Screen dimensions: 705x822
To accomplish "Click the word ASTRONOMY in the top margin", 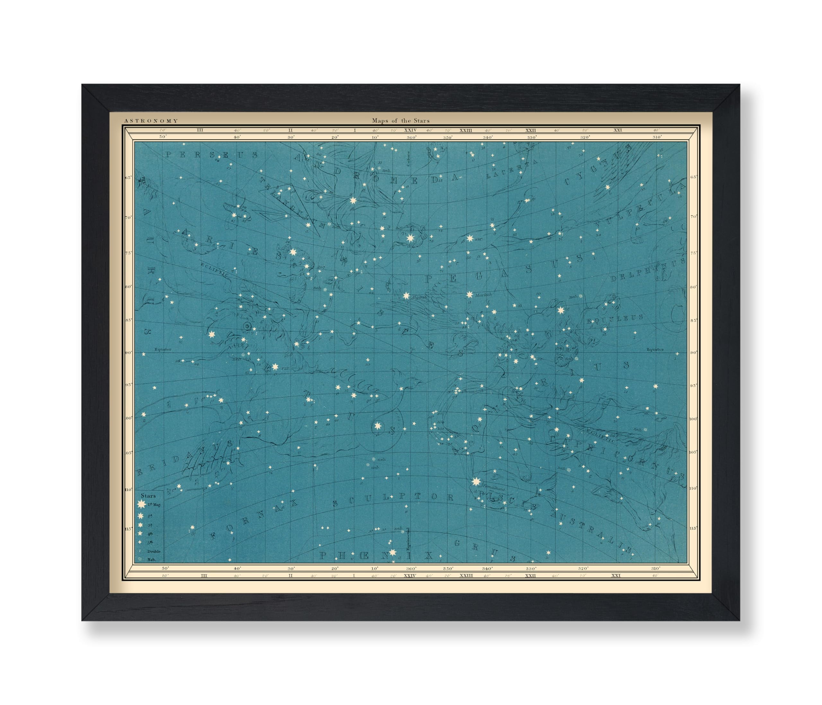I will pyautogui.click(x=151, y=121).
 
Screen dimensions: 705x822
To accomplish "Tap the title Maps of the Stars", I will pyautogui.click(x=401, y=121).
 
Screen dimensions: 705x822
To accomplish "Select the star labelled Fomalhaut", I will pyautogui.click(x=476, y=482).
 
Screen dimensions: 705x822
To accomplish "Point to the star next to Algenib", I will pyautogui.click(x=406, y=296).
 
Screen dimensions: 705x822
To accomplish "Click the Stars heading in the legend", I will pyautogui.click(x=148, y=496).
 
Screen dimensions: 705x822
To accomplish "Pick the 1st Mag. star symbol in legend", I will pyautogui.click(x=141, y=505).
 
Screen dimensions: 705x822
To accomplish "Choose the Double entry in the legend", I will pyautogui.click(x=154, y=551).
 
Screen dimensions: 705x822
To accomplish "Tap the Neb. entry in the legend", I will pyautogui.click(x=152, y=560).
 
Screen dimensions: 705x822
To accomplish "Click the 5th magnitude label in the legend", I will pyautogui.click(x=150, y=542).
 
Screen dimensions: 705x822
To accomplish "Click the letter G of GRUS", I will pyautogui.click(x=457, y=543).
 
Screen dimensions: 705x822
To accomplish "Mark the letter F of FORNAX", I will pyautogui.click(x=213, y=536).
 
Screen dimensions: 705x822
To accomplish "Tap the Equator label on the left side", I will pyautogui.click(x=163, y=349).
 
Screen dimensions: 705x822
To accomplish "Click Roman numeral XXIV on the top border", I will pyautogui.click(x=410, y=130).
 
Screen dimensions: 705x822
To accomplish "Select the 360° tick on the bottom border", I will pyautogui.click(x=411, y=569).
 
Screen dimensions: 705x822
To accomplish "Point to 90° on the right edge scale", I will pyautogui.click(x=694, y=352).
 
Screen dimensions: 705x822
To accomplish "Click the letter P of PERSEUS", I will pyautogui.click(x=168, y=155).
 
